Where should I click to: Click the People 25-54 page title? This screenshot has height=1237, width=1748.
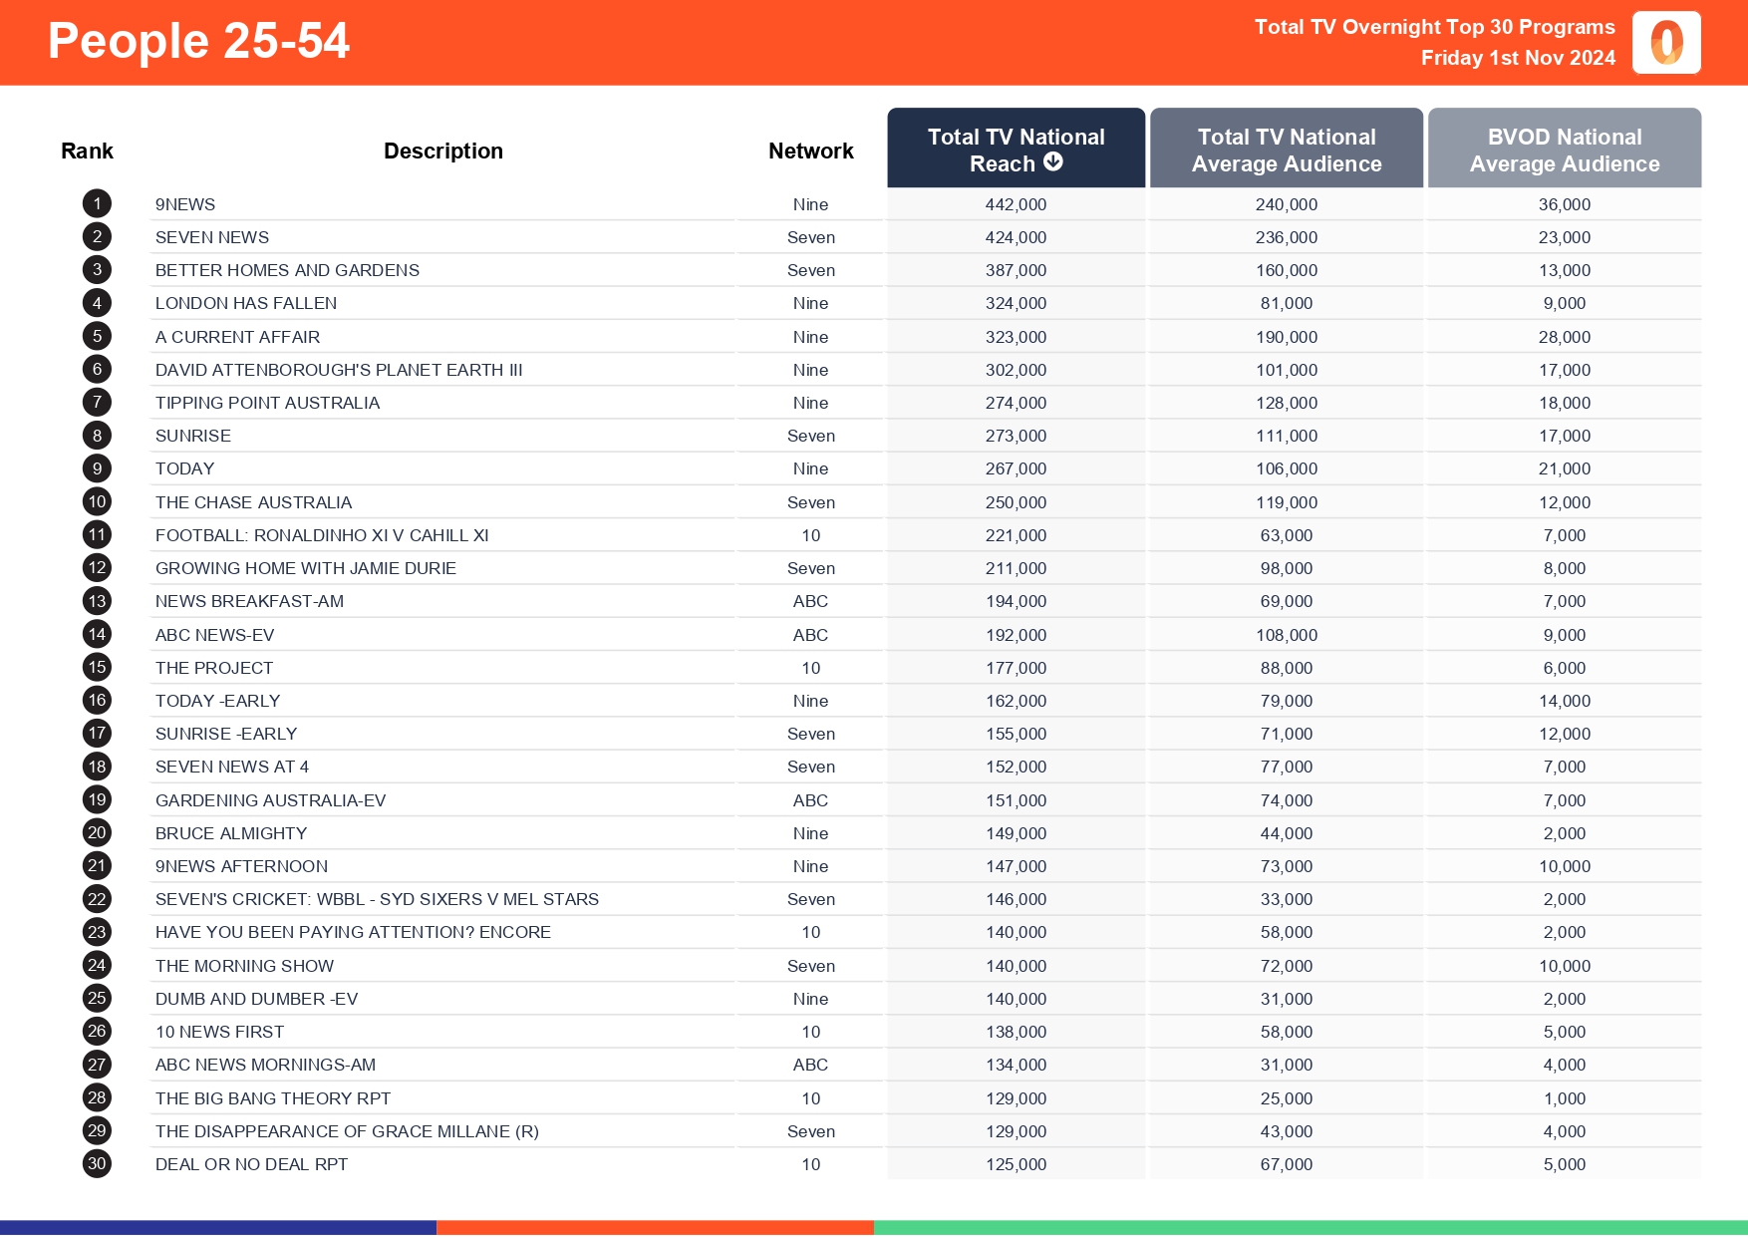click(x=198, y=42)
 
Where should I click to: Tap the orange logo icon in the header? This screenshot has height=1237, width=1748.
click(x=1666, y=43)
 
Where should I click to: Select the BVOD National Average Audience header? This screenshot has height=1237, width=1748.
click(x=1564, y=150)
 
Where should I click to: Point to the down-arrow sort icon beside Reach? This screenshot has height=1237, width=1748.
click(x=1053, y=162)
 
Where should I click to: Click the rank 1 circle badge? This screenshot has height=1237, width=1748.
click(x=97, y=204)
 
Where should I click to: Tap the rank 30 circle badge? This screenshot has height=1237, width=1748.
click(x=97, y=1164)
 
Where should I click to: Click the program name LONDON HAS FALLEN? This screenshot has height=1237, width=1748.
click(x=246, y=303)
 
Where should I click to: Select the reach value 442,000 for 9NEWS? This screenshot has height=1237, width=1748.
click(x=1016, y=204)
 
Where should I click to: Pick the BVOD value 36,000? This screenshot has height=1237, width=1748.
click(x=1564, y=204)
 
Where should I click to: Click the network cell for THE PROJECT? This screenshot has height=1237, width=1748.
click(x=810, y=668)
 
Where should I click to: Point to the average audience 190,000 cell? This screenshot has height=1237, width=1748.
click(x=1286, y=337)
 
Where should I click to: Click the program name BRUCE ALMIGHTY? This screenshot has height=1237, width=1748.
click(x=231, y=833)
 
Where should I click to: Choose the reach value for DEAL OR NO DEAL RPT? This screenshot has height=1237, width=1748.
click(x=1016, y=1164)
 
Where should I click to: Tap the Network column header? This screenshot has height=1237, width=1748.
click(x=810, y=152)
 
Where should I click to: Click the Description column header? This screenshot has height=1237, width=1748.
click(x=442, y=152)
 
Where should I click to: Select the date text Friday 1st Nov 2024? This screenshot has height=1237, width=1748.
click(x=1517, y=58)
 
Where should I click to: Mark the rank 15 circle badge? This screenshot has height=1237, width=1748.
click(x=97, y=668)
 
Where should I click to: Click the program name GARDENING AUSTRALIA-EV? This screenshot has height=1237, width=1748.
click(x=270, y=800)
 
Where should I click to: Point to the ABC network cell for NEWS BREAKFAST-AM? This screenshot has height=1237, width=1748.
click(x=810, y=601)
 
